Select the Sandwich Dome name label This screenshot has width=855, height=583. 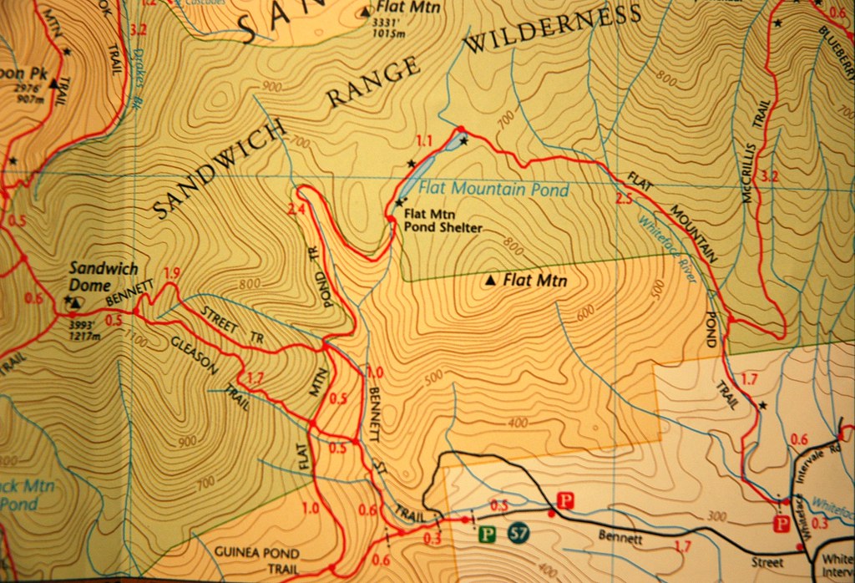pos(103,276)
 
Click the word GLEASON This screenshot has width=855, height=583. pos(195,356)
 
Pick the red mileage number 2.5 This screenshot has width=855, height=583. pos(623,199)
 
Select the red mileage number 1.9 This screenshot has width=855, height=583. pos(172,273)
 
